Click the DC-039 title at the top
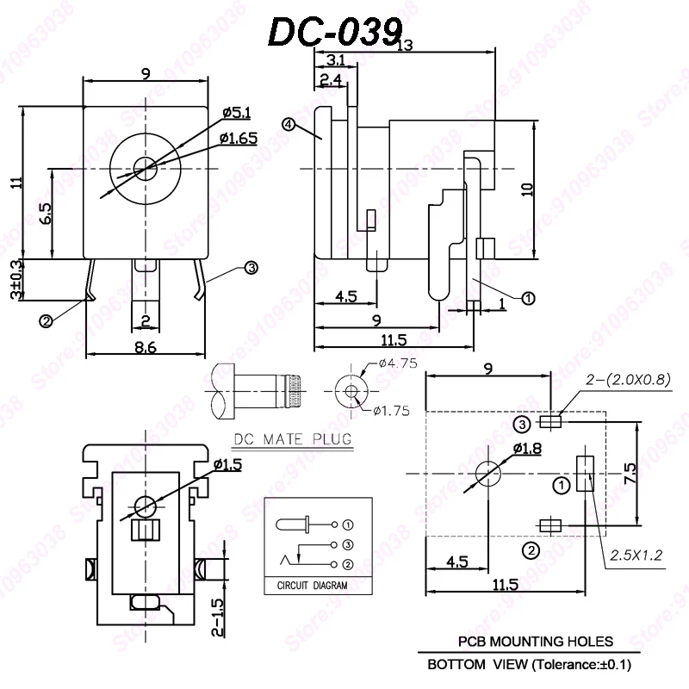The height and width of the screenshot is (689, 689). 335,32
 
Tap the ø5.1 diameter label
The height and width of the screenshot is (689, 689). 235,112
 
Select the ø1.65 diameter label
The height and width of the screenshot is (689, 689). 238,138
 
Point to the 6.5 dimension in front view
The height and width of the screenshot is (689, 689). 46,212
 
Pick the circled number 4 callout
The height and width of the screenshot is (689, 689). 289,125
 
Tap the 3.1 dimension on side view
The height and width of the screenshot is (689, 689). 337,60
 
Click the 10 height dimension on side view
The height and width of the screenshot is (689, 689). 528,189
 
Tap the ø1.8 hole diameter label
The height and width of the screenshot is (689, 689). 526,449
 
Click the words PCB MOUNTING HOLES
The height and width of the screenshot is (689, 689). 535,642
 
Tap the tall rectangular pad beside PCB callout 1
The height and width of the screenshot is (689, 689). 585,473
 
